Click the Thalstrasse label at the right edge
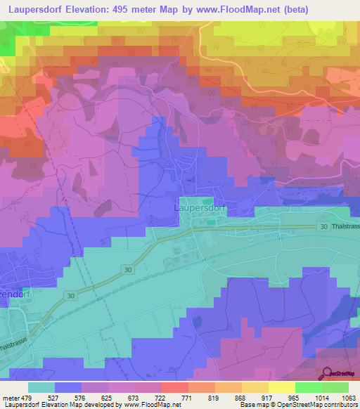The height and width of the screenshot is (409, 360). (x=345, y=226)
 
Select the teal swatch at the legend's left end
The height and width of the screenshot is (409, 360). (x=41, y=387)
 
